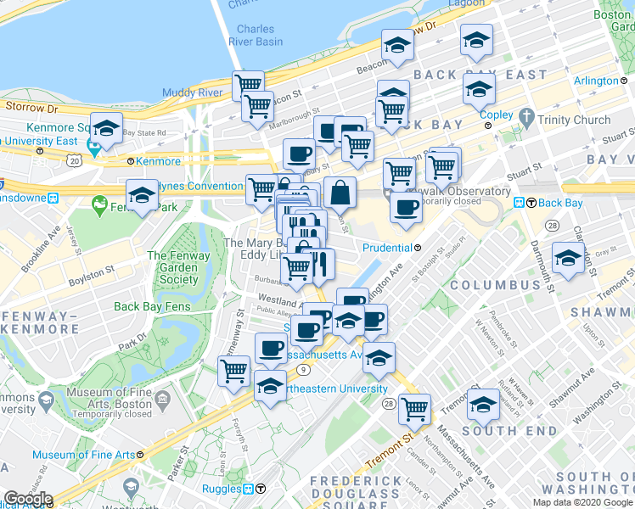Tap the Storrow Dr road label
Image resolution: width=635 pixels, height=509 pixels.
coord(31,108)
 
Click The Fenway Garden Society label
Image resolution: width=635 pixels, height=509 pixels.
coord(172,267)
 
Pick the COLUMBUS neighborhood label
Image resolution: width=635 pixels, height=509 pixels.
coord(495,285)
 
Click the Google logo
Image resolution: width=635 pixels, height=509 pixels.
coord(28,499)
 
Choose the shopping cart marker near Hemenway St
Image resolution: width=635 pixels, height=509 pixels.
coord(233,370)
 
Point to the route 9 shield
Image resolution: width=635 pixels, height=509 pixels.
coord(303,369)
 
